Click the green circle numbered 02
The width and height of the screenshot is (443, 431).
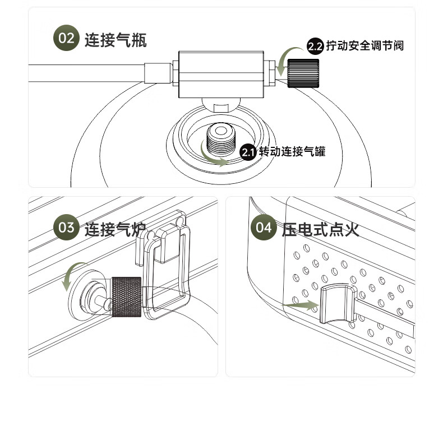66,39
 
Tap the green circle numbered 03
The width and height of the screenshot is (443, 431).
66,228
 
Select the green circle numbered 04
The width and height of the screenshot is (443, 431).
263,228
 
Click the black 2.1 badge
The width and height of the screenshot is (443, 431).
248,152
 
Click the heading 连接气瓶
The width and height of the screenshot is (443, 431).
116,39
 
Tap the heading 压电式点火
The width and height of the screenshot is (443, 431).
320,229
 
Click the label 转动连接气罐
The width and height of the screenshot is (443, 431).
292,152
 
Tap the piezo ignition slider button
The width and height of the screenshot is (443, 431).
338,305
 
